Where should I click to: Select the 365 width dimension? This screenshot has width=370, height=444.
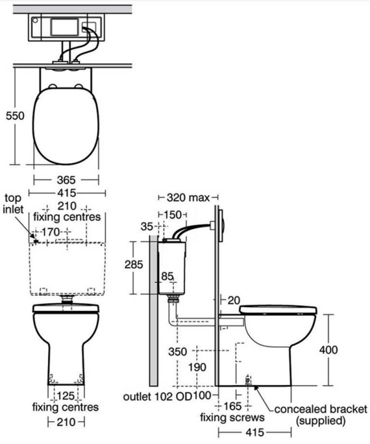(67, 179)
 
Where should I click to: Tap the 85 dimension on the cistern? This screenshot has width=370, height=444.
(167, 276)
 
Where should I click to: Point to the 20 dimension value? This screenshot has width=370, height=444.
(234, 300)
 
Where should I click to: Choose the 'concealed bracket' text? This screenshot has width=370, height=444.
(321, 410)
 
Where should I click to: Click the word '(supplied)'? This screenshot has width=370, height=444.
(321, 421)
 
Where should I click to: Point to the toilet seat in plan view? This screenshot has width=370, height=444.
(66, 125)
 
